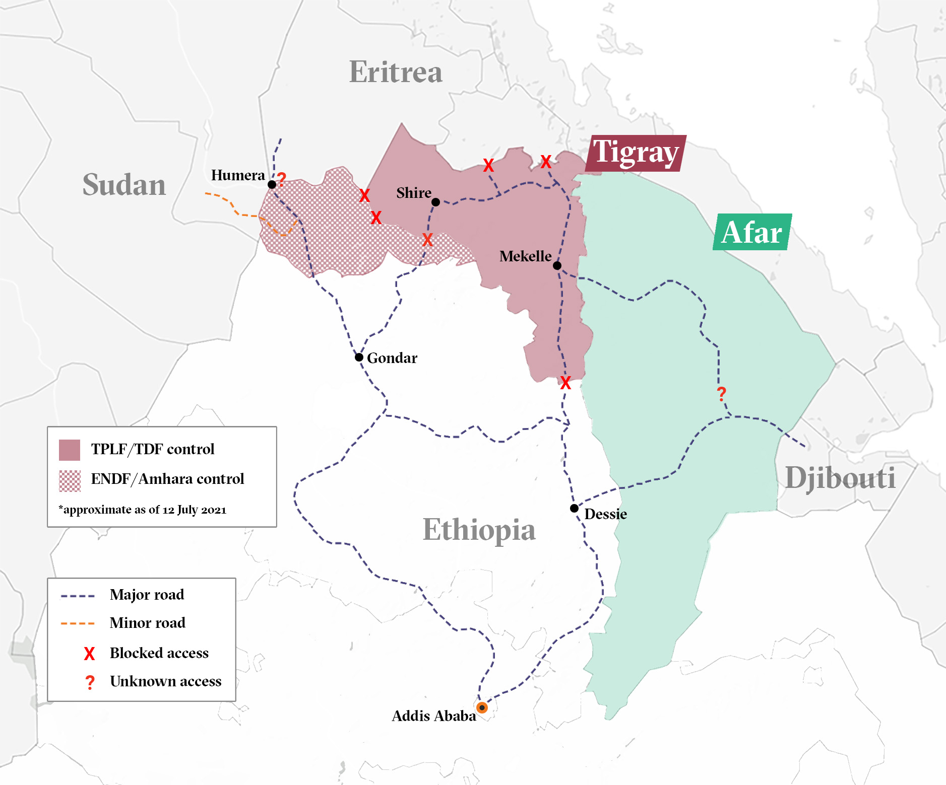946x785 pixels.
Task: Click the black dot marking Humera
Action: click(x=272, y=184)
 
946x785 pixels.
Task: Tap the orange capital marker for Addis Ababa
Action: click(x=482, y=707)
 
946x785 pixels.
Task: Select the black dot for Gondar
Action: click(x=359, y=357)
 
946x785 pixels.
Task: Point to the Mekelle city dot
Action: click(x=557, y=265)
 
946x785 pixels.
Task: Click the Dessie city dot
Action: click(x=574, y=508)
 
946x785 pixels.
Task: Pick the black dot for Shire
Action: click(x=436, y=202)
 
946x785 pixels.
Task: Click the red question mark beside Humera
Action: click(x=282, y=178)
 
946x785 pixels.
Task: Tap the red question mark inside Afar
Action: click(x=722, y=393)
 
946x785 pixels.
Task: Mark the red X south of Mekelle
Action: click(x=565, y=383)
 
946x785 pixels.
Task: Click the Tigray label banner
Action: click(x=636, y=153)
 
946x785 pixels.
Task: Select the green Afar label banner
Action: click(x=752, y=232)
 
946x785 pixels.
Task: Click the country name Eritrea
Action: click(x=396, y=72)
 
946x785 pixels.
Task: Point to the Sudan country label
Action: click(x=124, y=184)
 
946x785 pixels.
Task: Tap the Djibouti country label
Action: click(x=840, y=477)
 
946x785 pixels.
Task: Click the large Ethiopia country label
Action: click(x=479, y=530)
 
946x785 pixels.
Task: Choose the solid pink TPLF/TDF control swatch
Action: click(x=70, y=450)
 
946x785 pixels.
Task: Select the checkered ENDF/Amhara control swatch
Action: click(x=70, y=480)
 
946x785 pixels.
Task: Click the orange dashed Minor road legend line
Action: click(x=78, y=623)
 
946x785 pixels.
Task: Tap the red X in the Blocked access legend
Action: click(x=89, y=654)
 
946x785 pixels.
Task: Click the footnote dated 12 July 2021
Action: click(x=143, y=510)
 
